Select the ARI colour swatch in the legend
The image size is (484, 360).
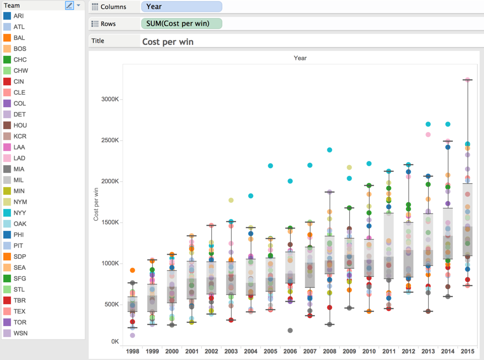pyautogui.click(x=7, y=16)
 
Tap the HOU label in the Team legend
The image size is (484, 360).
pyautogui.click(x=20, y=125)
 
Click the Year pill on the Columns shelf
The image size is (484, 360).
pyautogui.click(x=181, y=7)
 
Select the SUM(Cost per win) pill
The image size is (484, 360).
pyautogui.click(x=181, y=23)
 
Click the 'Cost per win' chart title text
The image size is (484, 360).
pyautogui.click(x=168, y=42)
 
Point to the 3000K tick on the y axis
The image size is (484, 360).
pyautogui.click(x=110, y=99)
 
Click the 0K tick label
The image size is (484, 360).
pyautogui.click(x=115, y=342)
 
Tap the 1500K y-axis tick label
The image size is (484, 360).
pyautogui.click(x=110, y=222)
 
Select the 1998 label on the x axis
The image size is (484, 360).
pyautogui.click(x=132, y=351)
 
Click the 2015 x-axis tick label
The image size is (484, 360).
pyautogui.click(x=467, y=351)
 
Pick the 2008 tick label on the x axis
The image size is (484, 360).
pyautogui.click(x=330, y=351)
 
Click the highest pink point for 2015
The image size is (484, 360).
pyautogui.click(x=468, y=80)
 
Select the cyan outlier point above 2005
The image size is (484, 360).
pyautogui.click(x=271, y=166)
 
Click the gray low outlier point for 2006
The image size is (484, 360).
pyautogui.click(x=290, y=331)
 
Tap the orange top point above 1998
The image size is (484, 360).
pyautogui.click(x=132, y=270)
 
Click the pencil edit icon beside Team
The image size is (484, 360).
pyautogui.click(x=70, y=5)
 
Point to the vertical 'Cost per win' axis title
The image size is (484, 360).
pyautogui.click(x=96, y=204)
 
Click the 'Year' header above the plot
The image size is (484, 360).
pyautogui.click(x=300, y=58)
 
